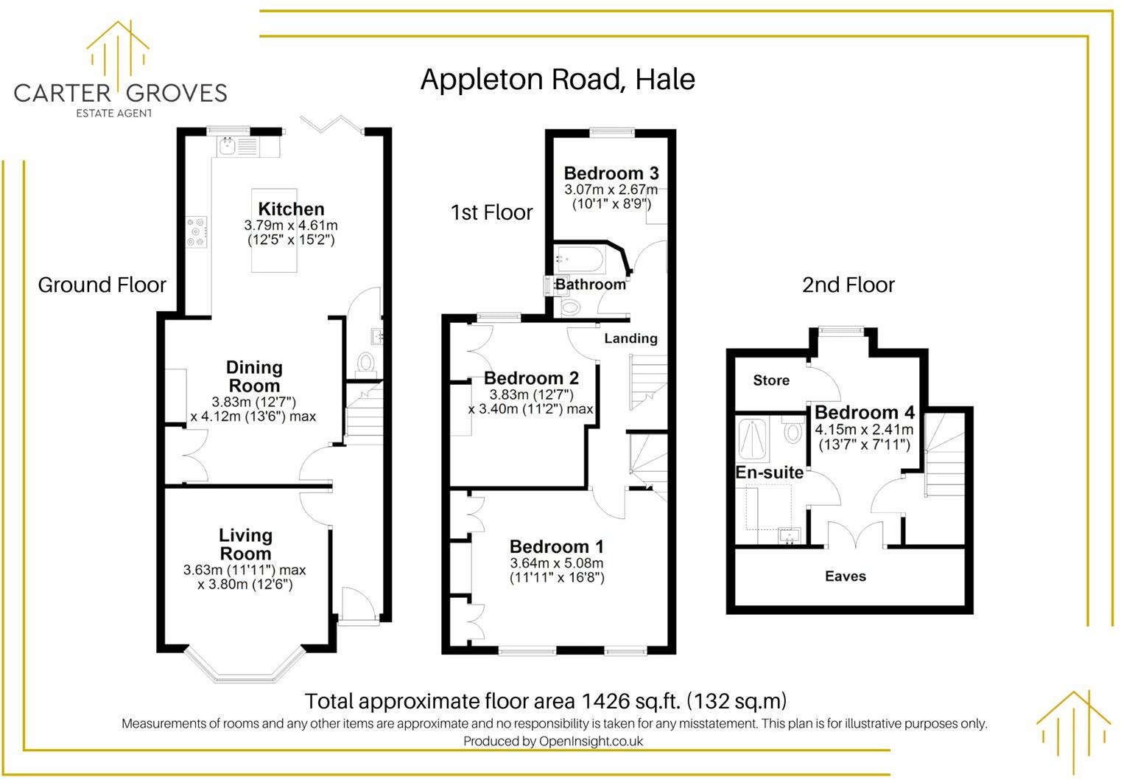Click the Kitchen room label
point(291,209)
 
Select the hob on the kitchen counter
point(197,231)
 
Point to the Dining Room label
point(254,376)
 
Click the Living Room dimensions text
point(245,577)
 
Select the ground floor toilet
point(365,363)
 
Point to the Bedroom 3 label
point(611,173)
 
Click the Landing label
point(630,338)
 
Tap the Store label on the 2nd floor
point(771,380)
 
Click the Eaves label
point(845,577)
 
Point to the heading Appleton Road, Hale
point(558,80)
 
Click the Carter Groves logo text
point(120,93)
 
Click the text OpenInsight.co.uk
point(591,742)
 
